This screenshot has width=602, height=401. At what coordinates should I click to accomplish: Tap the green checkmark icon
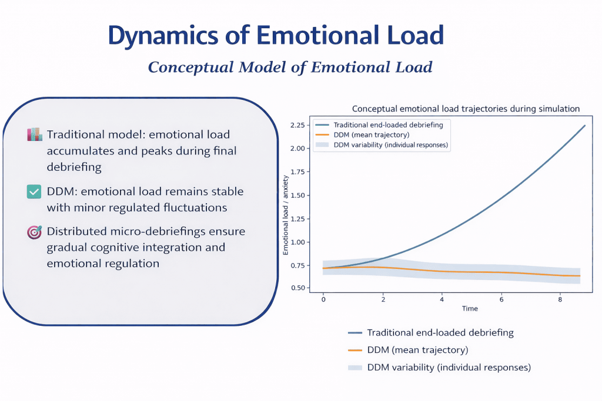tap(34, 192)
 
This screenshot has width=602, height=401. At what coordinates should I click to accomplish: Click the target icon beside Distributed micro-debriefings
tap(34, 232)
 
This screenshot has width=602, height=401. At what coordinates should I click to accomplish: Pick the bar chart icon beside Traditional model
tap(34, 134)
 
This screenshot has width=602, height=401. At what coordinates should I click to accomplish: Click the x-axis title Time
tap(470, 309)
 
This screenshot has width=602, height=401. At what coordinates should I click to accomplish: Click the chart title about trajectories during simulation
tap(466, 109)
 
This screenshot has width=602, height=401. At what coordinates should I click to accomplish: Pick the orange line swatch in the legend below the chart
tap(354, 350)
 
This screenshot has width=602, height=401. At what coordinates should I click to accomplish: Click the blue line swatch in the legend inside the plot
tap(322, 125)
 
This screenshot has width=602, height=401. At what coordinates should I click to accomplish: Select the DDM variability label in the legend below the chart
tap(449, 368)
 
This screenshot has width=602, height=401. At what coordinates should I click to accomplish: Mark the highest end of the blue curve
tap(585, 125)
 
